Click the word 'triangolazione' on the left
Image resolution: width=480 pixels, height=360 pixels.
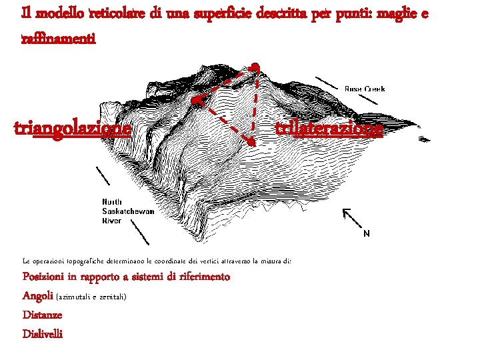click(72, 127)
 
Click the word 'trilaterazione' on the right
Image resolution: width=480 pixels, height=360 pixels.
click(329, 127)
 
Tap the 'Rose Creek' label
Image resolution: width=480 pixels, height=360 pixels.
click(365, 89)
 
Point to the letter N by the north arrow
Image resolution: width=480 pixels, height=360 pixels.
click(366, 234)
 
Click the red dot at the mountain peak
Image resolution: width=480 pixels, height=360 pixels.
click(255, 67)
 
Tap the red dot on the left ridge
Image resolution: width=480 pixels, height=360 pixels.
click(196, 101)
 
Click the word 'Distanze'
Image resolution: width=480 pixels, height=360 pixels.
click(43, 315)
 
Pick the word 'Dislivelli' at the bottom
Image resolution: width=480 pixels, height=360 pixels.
click(43, 334)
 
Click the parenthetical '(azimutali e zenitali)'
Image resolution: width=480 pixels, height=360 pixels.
click(91, 296)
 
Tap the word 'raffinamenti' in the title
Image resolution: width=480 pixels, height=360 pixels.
click(59, 39)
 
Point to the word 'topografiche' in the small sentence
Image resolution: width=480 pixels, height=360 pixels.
click(96, 261)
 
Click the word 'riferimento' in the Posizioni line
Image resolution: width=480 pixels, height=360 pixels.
click(203, 277)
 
